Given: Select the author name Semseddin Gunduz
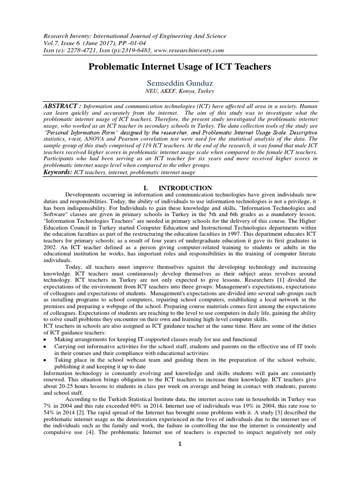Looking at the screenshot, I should pos(180,83).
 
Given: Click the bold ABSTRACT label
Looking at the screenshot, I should pos(59,106).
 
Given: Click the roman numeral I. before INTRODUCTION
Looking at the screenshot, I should pos(146,188).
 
